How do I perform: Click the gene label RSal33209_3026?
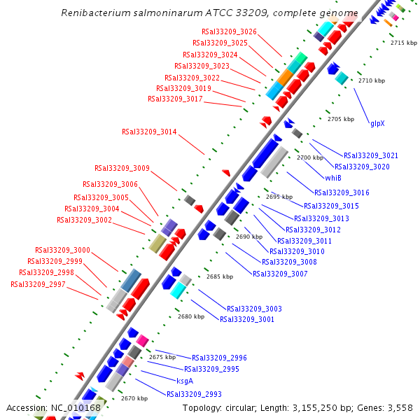229,31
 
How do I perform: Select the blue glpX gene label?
377,123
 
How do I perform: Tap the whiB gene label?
333,178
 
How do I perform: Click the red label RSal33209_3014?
149,131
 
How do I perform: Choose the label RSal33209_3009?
122,168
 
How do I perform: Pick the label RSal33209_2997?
38,284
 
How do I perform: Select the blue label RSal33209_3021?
371,155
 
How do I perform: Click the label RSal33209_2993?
194,394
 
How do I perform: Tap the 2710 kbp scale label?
372,80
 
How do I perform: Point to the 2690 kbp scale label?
249,237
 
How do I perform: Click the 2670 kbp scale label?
134,398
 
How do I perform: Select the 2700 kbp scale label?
310,157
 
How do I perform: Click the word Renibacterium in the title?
94,13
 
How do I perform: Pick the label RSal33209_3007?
280,274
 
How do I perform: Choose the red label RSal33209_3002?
84,220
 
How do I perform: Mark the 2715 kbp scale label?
404,43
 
